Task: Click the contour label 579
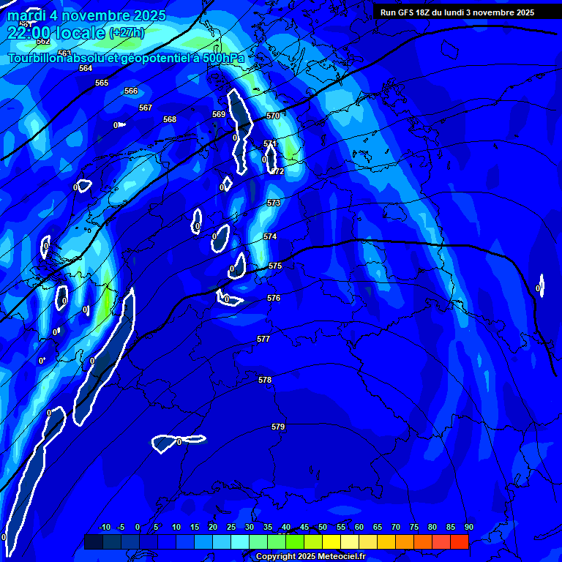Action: pyautogui.click(x=278, y=427)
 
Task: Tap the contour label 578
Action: pyautogui.click(x=265, y=380)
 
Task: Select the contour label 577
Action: pyautogui.click(x=263, y=339)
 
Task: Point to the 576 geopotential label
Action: pyautogui.click(x=274, y=298)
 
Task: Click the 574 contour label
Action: pyautogui.click(x=270, y=236)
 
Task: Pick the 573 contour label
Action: pyautogui.click(x=274, y=203)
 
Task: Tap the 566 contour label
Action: pyautogui.click(x=131, y=91)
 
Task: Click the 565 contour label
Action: pyautogui.click(x=102, y=83)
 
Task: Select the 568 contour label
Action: pyautogui.click(x=170, y=119)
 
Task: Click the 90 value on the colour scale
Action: pyautogui.click(x=468, y=527)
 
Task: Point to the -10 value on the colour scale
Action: pyautogui.click(x=104, y=527)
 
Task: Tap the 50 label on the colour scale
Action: pyautogui.click(x=323, y=527)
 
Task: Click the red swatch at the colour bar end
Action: pyautogui.click(x=460, y=542)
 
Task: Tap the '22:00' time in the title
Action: pyautogui.click(x=31, y=32)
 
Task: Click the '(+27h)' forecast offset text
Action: pyautogui.click(x=127, y=33)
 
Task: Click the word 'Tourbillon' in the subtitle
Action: pyautogui.click(x=35, y=58)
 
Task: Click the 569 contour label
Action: pyautogui.click(x=219, y=114)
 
